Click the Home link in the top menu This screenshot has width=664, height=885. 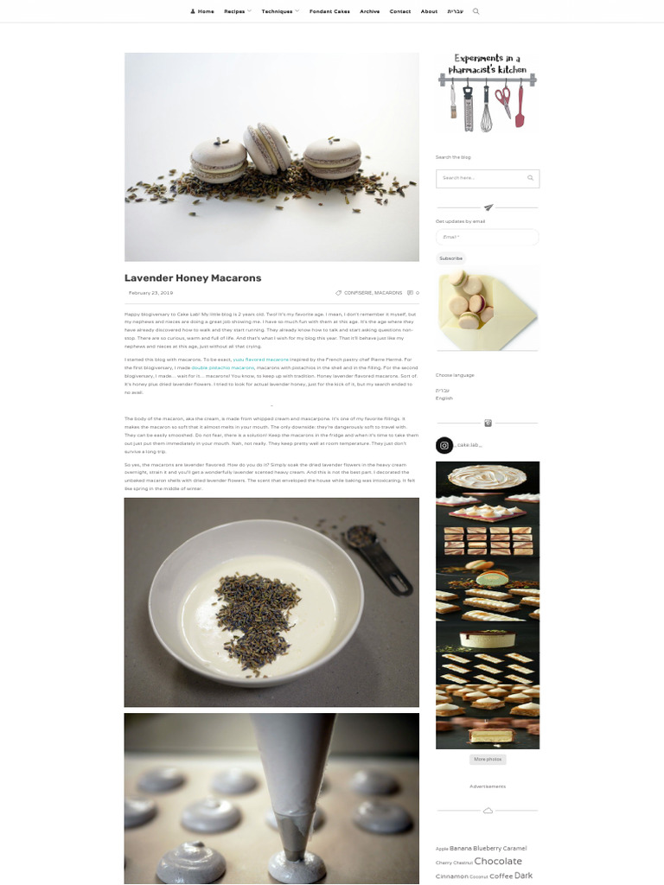203,11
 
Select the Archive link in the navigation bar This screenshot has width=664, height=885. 369,11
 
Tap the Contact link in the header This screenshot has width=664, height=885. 400,11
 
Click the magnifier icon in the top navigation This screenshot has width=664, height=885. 476,11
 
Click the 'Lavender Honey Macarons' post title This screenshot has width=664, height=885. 193,278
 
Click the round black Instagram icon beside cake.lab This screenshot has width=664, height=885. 444,446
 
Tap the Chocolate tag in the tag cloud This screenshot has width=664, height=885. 498,861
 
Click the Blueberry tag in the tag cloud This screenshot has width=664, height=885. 487,849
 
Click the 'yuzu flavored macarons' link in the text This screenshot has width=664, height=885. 261,359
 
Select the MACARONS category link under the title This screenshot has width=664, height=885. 388,293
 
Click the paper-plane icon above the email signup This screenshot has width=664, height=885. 488,207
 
